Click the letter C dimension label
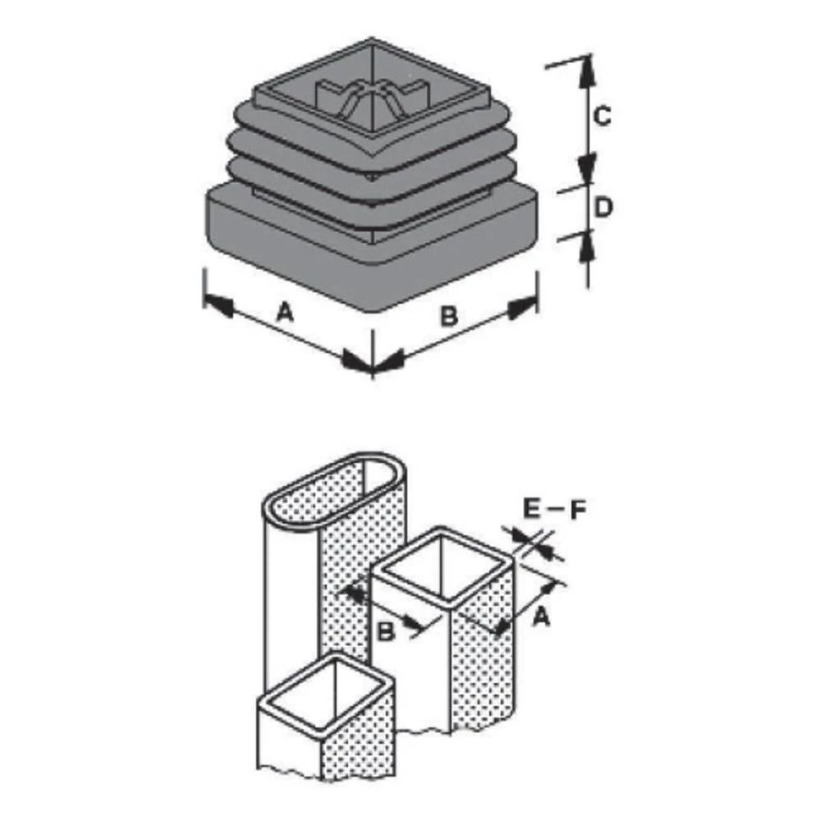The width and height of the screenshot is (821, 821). [x=602, y=117]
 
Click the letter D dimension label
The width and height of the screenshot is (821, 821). [x=603, y=209]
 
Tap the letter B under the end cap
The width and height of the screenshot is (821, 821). [x=448, y=315]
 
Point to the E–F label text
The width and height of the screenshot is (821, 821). [x=554, y=510]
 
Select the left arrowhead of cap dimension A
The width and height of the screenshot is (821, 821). [x=218, y=305]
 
